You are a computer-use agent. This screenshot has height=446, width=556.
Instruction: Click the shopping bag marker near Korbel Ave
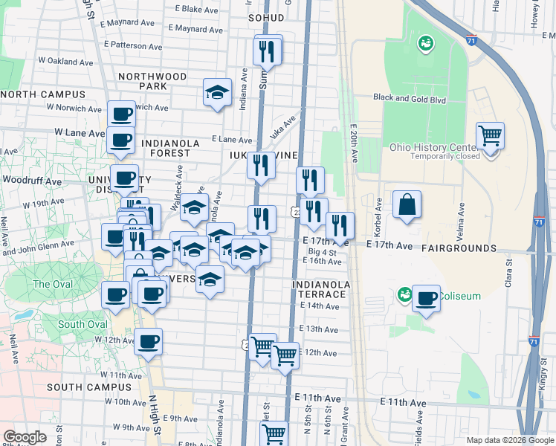(x=407, y=205)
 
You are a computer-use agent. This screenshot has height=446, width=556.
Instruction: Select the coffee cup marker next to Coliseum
(x=426, y=299)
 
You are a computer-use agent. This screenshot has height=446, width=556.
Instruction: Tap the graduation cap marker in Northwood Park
(x=216, y=93)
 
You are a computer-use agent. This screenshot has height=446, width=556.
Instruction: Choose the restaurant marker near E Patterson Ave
(x=268, y=51)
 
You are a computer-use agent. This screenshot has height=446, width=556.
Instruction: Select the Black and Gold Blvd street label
(x=409, y=97)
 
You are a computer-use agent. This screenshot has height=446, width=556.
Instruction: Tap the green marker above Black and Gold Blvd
(x=427, y=43)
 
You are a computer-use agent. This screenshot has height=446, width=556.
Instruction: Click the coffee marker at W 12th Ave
(x=148, y=342)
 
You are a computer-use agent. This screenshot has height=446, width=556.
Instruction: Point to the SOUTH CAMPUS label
(x=78, y=387)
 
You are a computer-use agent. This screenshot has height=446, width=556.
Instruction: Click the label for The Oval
(x=52, y=284)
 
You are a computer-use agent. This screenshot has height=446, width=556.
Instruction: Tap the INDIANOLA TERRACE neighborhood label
(x=320, y=289)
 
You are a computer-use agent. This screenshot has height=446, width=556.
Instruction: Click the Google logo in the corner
(x=25, y=437)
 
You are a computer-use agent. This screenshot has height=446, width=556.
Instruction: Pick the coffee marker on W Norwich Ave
(x=121, y=115)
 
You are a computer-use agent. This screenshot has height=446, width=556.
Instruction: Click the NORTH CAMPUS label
(x=43, y=94)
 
